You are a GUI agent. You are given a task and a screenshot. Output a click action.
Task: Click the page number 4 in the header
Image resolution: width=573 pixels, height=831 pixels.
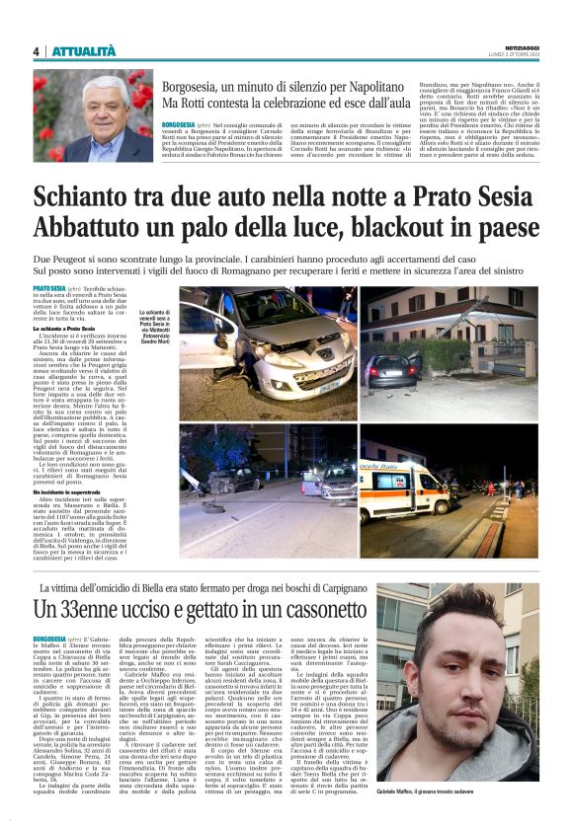click(x=37, y=51)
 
